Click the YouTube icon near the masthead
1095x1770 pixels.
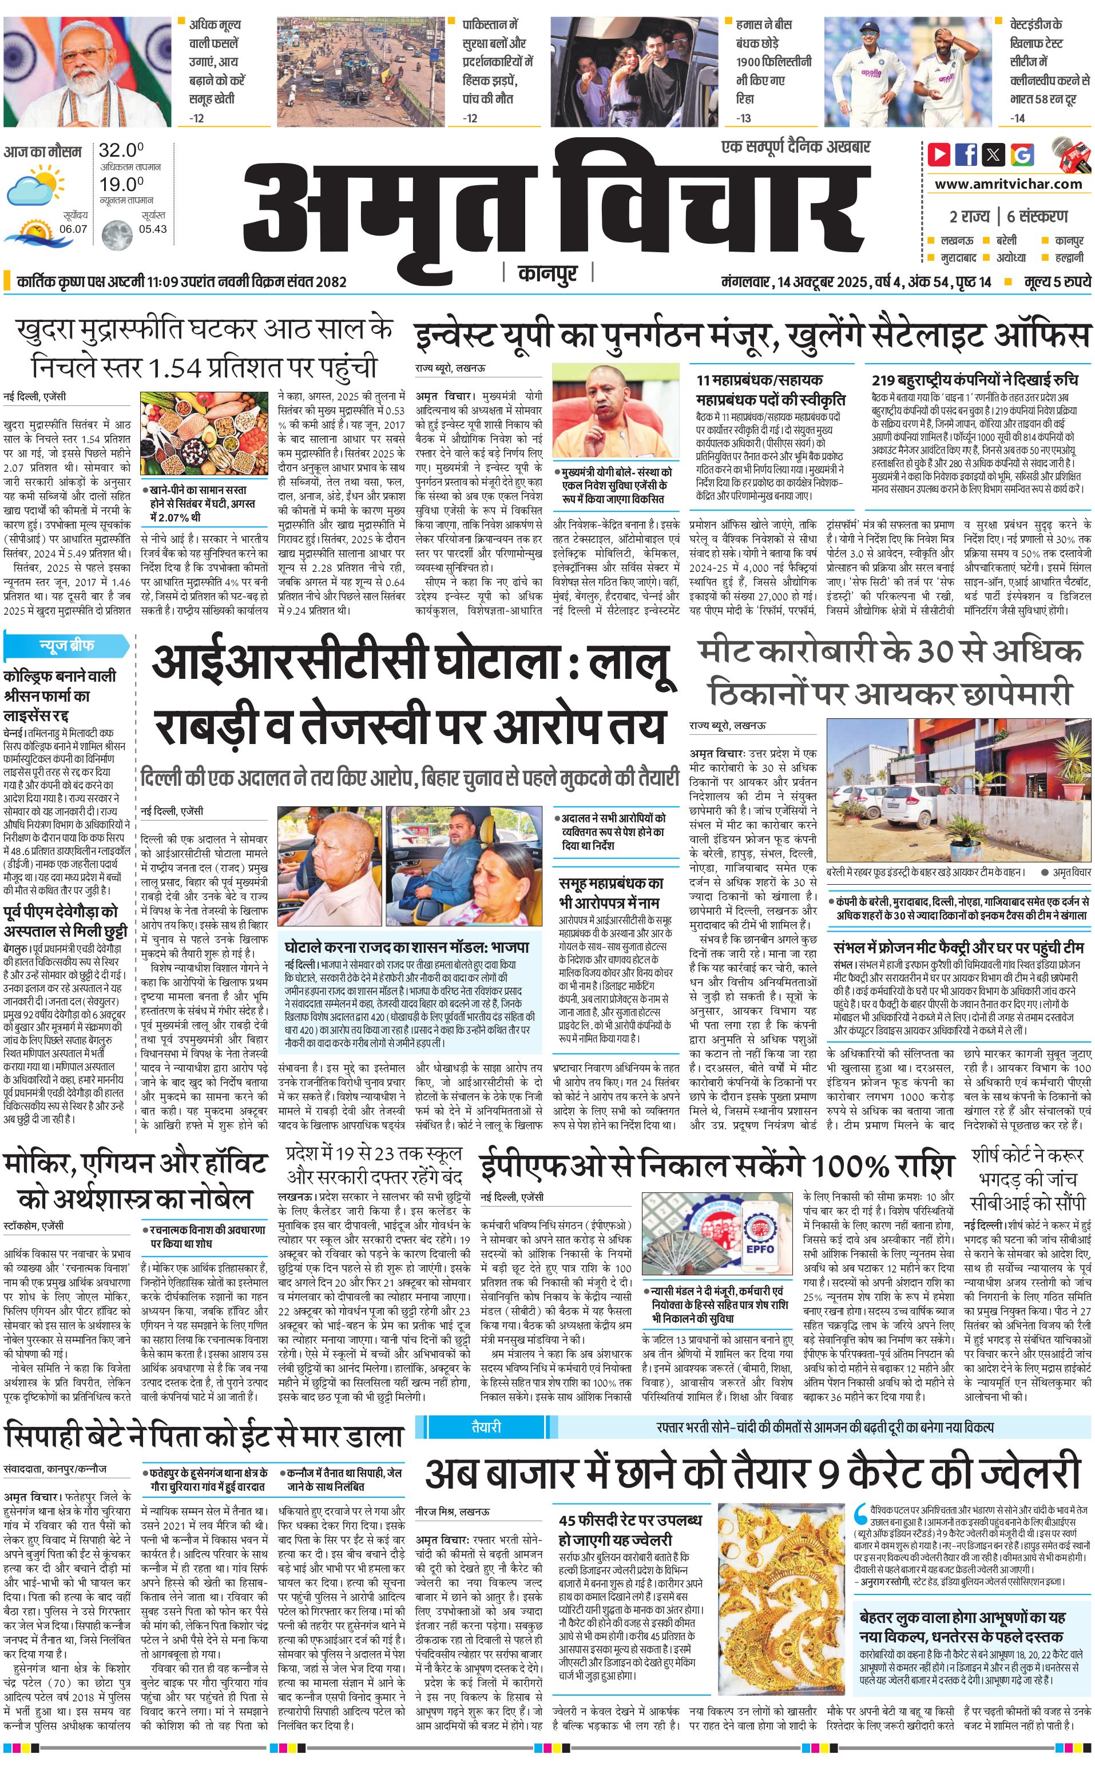coord(939,154)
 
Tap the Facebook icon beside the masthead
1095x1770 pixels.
coord(966,154)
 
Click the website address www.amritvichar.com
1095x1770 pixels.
coord(1008,184)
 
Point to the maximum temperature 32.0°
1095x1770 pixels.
coord(121,150)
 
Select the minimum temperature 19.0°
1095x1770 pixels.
coord(121,185)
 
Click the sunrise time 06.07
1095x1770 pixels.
coord(73,229)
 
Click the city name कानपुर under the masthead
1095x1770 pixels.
coord(547,273)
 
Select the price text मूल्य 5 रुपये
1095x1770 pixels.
coord(1057,281)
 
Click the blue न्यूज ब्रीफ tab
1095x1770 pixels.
coord(66,645)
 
